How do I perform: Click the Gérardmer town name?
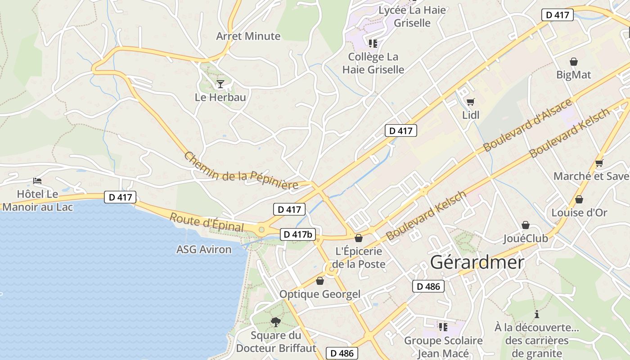pyautogui.click(x=477, y=262)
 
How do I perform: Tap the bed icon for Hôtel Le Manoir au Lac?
pyautogui.click(x=38, y=181)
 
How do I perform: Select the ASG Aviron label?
pyautogui.click(x=204, y=249)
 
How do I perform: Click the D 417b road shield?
pyautogui.click(x=298, y=234)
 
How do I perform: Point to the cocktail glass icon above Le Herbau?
pyautogui.click(x=220, y=84)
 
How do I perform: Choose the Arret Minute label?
pyautogui.click(x=248, y=36)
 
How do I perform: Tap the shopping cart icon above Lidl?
pyautogui.click(x=471, y=102)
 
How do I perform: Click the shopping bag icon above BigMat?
pyautogui.click(x=574, y=62)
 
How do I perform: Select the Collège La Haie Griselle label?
pyautogui.click(x=373, y=63)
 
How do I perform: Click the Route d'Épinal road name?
pyautogui.click(x=207, y=223)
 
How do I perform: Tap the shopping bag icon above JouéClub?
pyautogui.click(x=525, y=225)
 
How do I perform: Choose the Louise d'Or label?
pyautogui.click(x=579, y=212)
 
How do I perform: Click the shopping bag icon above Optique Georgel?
pyautogui.click(x=320, y=281)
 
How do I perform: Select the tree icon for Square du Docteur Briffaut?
pyautogui.click(x=276, y=322)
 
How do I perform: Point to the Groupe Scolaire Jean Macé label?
pyautogui.click(x=443, y=347)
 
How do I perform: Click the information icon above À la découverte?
pyautogui.click(x=536, y=314)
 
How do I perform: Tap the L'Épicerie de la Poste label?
pyautogui.click(x=359, y=257)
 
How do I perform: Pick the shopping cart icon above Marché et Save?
pyautogui.click(x=599, y=163)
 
